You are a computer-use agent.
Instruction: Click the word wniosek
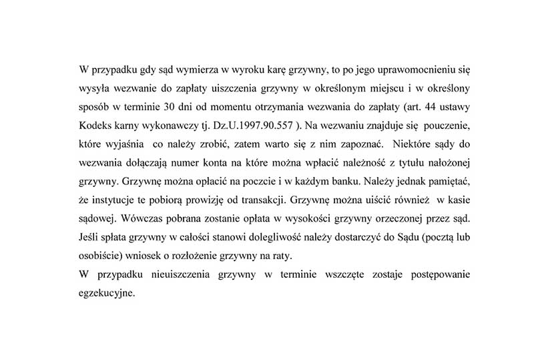[147, 256]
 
